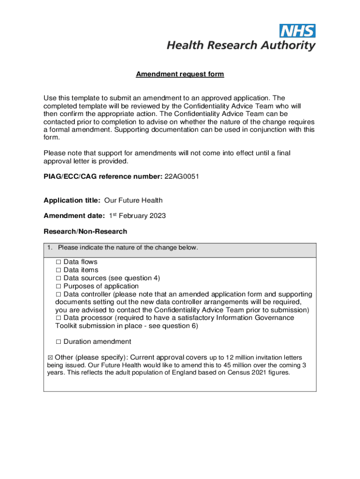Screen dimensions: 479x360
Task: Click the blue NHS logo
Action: click(x=297, y=31)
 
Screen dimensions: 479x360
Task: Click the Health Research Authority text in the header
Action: click(x=241, y=45)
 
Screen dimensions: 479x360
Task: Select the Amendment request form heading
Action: click(x=180, y=74)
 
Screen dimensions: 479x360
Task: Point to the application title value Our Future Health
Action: click(x=133, y=201)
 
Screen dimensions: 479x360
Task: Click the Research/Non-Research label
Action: click(x=85, y=232)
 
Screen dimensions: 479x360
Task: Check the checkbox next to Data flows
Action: click(x=58, y=262)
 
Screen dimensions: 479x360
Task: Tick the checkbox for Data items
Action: click(x=58, y=270)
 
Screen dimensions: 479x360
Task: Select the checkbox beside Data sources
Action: click(x=58, y=278)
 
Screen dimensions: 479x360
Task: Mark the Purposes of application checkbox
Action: click(x=58, y=286)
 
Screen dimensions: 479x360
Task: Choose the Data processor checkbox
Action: click(x=58, y=318)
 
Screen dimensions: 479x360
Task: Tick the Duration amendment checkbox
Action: click(x=58, y=342)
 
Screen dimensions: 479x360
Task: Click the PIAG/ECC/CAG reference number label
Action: click(x=103, y=176)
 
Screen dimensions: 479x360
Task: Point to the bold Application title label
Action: click(x=72, y=201)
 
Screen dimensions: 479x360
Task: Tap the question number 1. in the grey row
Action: click(x=50, y=247)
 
